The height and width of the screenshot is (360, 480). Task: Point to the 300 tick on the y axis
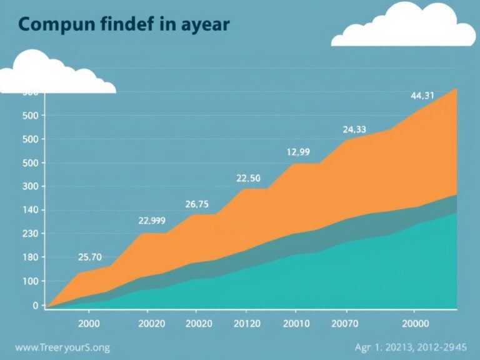tap(30, 186)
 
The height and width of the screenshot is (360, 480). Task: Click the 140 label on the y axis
tap(30, 210)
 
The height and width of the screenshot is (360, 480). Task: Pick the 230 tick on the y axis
tap(30, 234)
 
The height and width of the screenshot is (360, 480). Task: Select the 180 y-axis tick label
tap(30, 257)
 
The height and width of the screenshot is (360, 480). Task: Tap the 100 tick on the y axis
tap(30, 281)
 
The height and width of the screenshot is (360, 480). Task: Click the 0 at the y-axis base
tap(35, 305)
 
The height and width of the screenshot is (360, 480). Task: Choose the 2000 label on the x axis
tap(88, 323)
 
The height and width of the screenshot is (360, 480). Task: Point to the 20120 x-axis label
tap(246, 323)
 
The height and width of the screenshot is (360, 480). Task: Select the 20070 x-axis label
tap(344, 323)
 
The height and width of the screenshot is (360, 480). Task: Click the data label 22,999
tap(151, 220)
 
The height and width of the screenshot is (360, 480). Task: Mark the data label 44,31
tap(422, 96)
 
